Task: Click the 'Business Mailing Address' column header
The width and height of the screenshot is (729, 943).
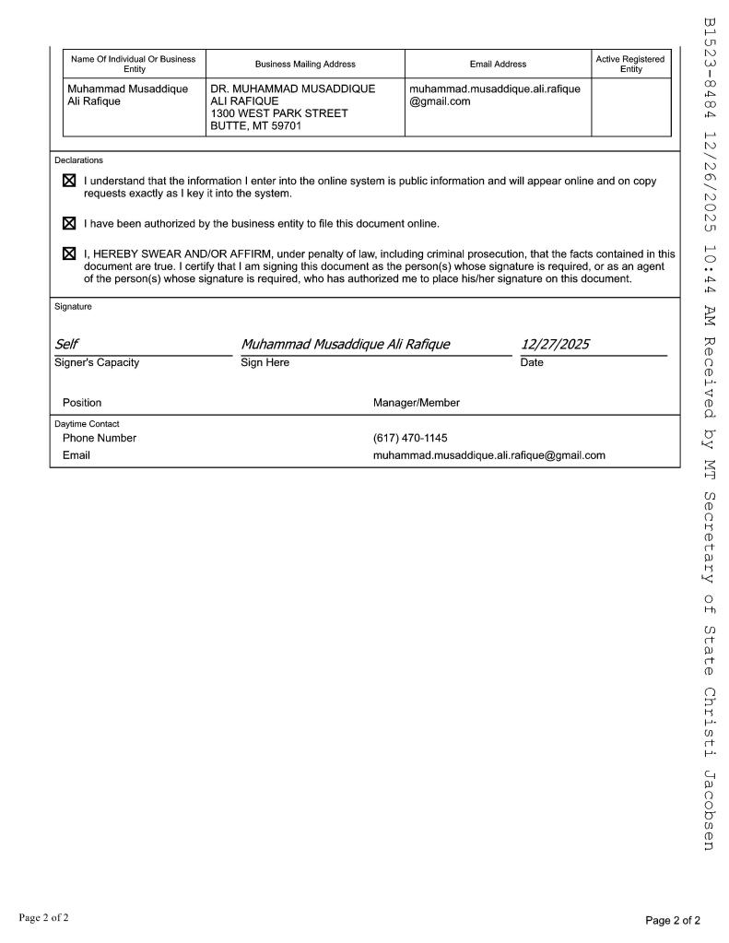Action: click(305, 64)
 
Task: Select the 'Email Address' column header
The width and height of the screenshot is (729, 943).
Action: click(498, 64)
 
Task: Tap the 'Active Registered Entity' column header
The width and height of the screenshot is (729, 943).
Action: click(630, 64)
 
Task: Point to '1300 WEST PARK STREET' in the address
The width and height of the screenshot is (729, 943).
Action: click(279, 113)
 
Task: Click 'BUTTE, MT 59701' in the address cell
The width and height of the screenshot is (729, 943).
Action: click(255, 126)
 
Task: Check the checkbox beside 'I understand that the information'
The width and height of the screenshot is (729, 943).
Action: click(69, 182)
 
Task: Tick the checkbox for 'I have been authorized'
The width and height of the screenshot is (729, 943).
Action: click(69, 223)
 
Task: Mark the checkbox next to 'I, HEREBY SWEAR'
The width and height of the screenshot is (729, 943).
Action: click(69, 253)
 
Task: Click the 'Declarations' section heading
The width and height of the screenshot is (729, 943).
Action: click(78, 160)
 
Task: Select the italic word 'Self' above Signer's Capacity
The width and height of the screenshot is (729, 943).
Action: click(66, 345)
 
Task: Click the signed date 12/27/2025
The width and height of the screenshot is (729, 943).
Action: click(555, 345)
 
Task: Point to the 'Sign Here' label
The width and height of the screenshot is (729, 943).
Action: click(265, 362)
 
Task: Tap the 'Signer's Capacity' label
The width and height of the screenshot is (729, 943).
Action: click(97, 362)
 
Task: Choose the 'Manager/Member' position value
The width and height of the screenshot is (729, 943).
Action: click(416, 403)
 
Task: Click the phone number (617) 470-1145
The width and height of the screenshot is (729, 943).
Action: click(410, 438)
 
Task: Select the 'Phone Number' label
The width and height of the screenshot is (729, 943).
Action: click(99, 438)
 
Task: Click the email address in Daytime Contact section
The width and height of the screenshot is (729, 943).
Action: click(488, 455)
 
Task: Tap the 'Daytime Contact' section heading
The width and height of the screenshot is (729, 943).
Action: click(87, 424)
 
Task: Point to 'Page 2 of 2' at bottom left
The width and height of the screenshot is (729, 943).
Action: click(43, 917)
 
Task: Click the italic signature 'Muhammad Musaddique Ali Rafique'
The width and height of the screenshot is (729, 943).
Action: click(346, 345)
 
